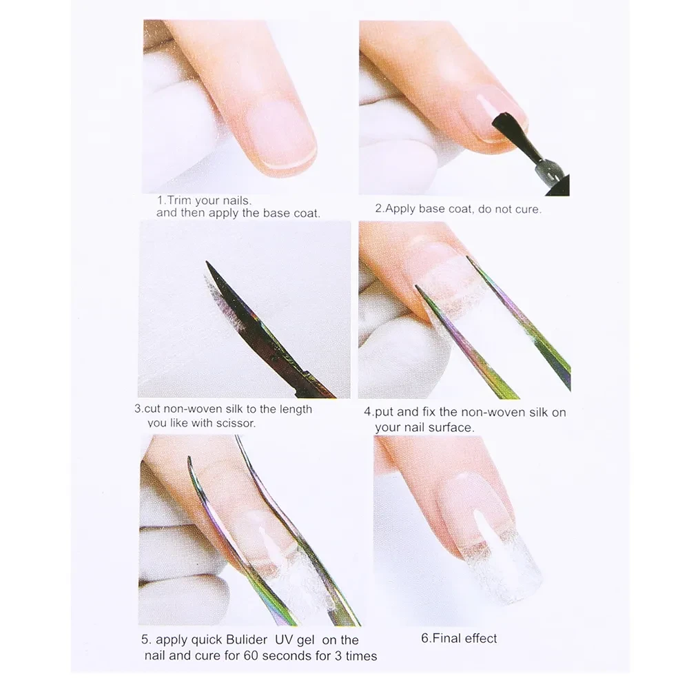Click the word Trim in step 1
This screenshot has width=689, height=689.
[x=180, y=200]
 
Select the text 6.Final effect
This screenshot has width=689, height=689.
[x=459, y=638]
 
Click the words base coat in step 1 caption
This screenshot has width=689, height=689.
[x=291, y=214]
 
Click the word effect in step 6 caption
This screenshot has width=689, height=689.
[x=480, y=638]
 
